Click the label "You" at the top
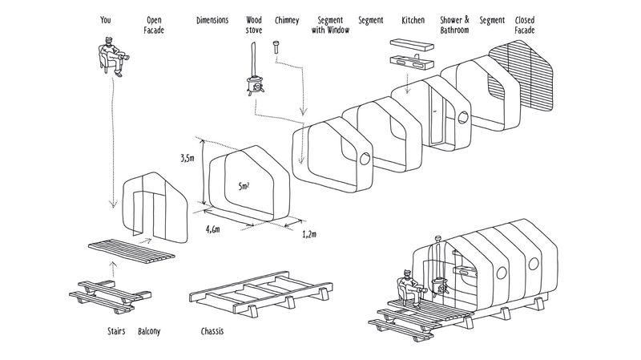[106, 19]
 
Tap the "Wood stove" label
[254, 25]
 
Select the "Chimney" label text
[287, 20]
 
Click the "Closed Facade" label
[525, 25]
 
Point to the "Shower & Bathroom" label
[454, 25]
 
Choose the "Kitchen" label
[413, 20]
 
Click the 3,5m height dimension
[187, 158]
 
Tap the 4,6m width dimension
[212, 229]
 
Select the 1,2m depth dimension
[309, 234]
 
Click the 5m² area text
[244, 186]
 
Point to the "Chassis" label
[212, 331]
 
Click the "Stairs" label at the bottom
[116, 331]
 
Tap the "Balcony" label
[149, 331]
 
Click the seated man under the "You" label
[113, 56]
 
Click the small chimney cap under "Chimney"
[276, 47]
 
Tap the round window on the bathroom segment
[463, 117]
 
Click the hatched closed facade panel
[522, 75]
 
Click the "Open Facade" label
[154, 25]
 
